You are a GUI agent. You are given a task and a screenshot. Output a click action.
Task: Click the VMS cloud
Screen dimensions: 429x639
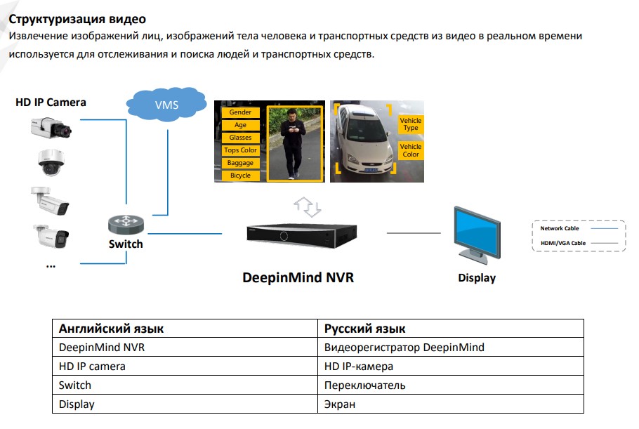[166, 105]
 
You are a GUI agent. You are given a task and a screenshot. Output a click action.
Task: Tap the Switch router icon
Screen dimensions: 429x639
[126, 225]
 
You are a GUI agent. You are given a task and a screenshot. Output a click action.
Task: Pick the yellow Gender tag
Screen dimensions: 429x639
[240, 112]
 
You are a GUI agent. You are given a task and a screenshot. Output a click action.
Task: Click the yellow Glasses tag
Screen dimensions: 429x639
[240, 138]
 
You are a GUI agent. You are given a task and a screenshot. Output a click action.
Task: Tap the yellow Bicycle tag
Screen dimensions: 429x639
[240, 176]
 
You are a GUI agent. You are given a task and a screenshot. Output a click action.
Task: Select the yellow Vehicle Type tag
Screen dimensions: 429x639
[410, 124]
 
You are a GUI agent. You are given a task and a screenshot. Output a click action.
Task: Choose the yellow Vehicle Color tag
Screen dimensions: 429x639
[410, 150]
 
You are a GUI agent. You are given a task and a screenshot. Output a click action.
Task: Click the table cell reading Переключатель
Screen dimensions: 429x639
[365, 385]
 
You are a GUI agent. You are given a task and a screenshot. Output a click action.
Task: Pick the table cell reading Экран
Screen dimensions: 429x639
[340, 404]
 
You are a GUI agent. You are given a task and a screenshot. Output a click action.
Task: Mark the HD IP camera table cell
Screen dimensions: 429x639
[92, 367]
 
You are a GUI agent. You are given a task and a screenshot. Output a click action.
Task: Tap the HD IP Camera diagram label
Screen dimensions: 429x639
[51, 103]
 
